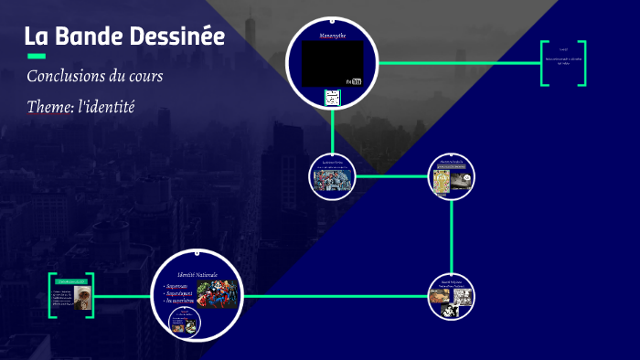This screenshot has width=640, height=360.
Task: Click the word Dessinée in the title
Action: (x=179, y=37)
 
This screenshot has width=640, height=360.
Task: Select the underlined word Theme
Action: (x=49, y=107)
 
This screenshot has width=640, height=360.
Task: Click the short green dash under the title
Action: (x=37, y=56)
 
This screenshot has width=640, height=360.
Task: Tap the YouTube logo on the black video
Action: (x=354, y=81)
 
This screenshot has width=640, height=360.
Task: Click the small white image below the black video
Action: (x=332, y=97)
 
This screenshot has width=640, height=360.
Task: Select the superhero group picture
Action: (x=218, y=293)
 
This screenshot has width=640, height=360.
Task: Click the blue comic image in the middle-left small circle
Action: (x=332, y=180)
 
